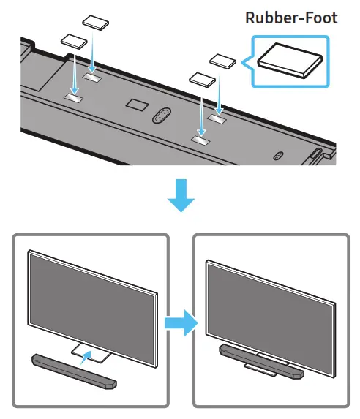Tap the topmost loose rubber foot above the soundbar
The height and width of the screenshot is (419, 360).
point(95,21)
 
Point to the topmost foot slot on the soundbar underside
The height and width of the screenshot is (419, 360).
point(93,75)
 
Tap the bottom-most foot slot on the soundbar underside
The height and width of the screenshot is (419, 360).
point(200,137)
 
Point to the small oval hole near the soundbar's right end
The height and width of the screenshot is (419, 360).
point(277,155)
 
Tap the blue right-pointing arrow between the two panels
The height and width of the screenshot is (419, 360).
point(181,322)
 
